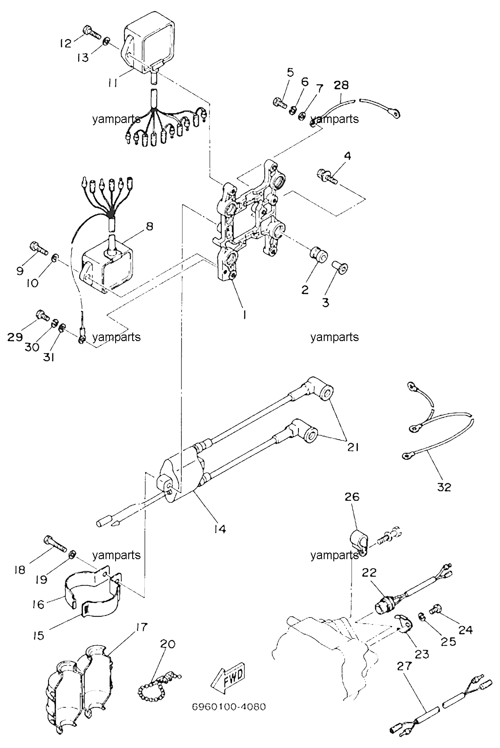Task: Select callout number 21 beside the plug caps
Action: (x=353, y=447)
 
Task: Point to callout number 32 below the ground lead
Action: (x=444, y=487)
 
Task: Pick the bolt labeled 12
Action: (x=91, y=32)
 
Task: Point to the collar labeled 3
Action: (x=339, y=267)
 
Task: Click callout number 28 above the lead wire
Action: (x=342, y=85)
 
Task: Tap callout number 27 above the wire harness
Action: (x=404, y=666)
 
